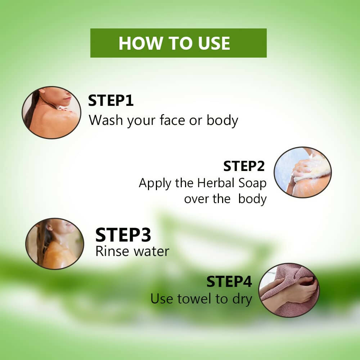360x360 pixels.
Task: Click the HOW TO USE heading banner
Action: point(179,43)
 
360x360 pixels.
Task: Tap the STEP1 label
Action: point(111,100)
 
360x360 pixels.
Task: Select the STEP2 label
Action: point(244,166)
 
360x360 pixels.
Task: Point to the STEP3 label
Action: point(123,235)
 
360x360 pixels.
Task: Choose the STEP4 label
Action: point(229,282)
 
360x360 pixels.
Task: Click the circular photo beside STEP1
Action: point(51,112)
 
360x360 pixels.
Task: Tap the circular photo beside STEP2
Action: point(303,172)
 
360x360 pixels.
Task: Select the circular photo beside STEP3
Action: point(55,244)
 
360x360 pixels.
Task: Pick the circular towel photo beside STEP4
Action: point(289,290)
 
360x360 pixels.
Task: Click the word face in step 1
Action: point(172,120)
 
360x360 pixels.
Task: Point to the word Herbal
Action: point(216,183)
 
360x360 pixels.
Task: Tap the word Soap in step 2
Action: point(252,184)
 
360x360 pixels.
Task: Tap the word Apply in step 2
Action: point(155,184)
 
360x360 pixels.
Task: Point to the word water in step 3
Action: point(151,251)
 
